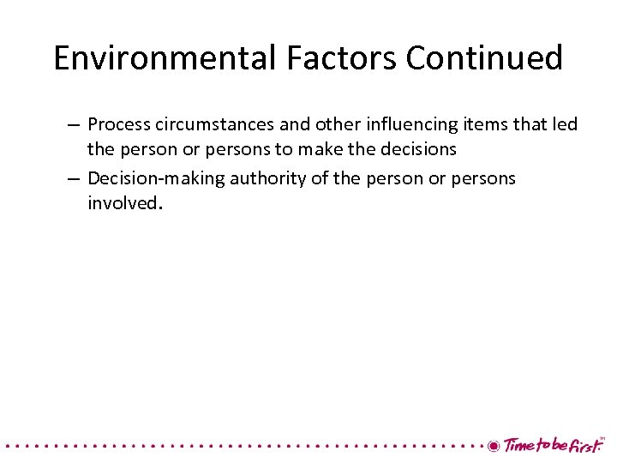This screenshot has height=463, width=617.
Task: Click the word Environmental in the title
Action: [162, 58]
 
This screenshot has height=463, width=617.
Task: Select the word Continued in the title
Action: [484, 58]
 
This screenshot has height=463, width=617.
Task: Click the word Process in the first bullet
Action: [117, 125]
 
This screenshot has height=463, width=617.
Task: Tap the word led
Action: [564, 125]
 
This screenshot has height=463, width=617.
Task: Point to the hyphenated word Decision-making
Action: [156, 178]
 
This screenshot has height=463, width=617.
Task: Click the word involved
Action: [123, 202]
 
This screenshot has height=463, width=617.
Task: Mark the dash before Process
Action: [74, 125]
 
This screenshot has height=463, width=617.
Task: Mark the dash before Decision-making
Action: [74, 178]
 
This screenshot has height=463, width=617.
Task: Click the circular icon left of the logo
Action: [493, 446]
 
